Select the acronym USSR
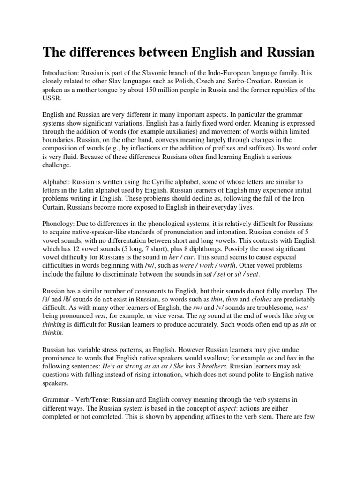[x=52, y=98]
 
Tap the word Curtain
[x=55, y=207]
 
